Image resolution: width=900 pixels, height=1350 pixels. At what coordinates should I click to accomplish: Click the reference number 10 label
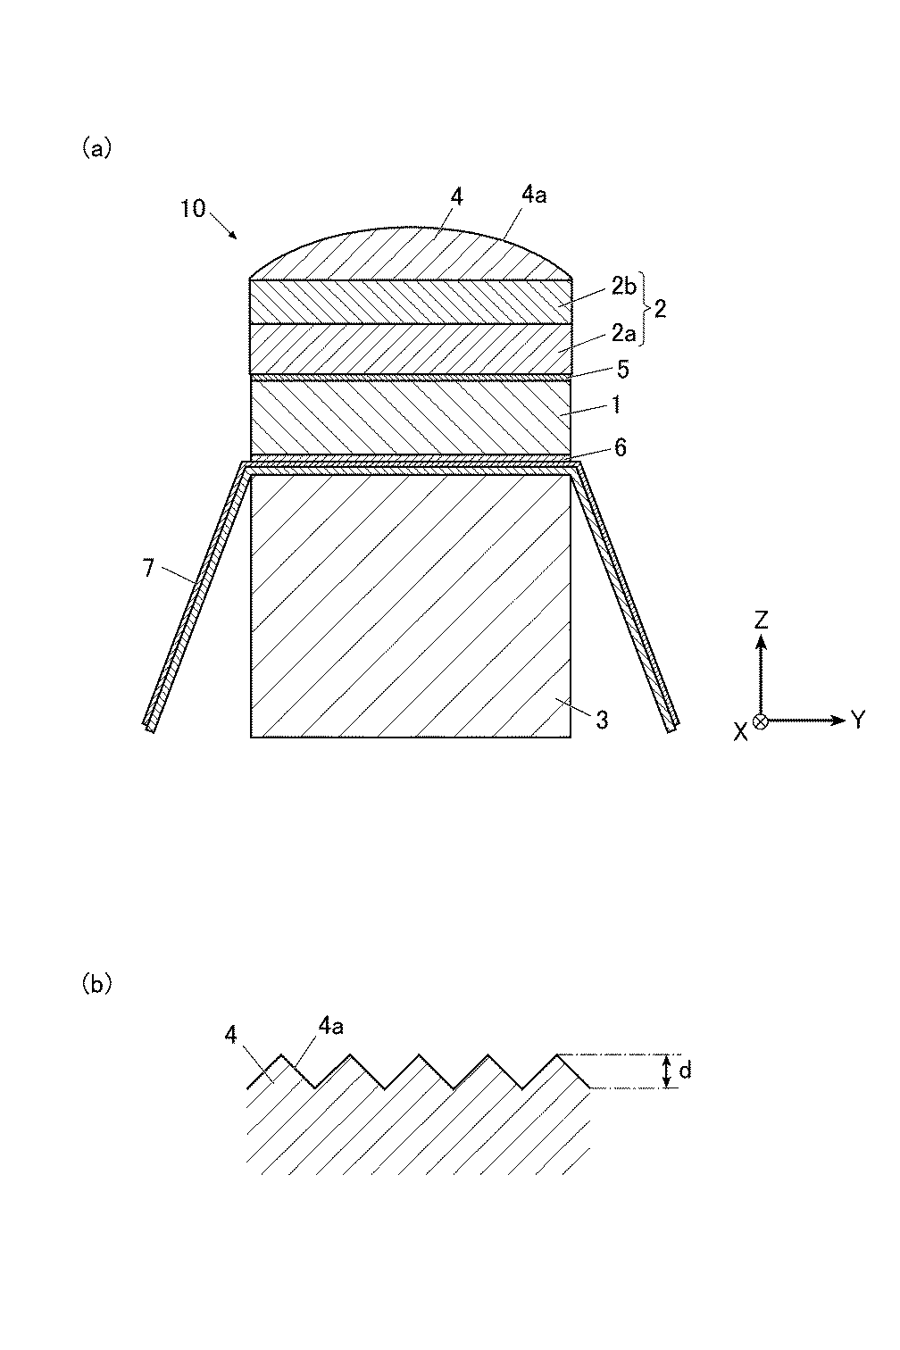[x=192, y=209]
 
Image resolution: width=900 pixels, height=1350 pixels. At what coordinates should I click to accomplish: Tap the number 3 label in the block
[x=603, y=719]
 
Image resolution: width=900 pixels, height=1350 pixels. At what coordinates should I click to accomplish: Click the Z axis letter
[x=761, y=618]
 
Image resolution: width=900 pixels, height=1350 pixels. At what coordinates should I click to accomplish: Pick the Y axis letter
[x=858, y=720]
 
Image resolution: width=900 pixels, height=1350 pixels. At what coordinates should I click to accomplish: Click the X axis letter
[x=740, y=731]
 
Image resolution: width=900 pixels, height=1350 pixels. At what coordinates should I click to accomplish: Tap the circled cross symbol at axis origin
[x=761, y=721]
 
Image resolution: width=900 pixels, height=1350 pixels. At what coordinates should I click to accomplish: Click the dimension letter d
[x=686, y=1070]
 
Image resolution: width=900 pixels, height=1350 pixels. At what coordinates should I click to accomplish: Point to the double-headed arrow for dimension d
[x=666, y=1071]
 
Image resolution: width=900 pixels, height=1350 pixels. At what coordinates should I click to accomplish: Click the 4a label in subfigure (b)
[x=330, y=1027]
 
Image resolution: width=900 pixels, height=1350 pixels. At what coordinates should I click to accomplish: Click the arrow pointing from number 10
[x=225, y=227]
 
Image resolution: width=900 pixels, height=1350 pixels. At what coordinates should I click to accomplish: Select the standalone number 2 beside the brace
[x=660, y=309]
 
